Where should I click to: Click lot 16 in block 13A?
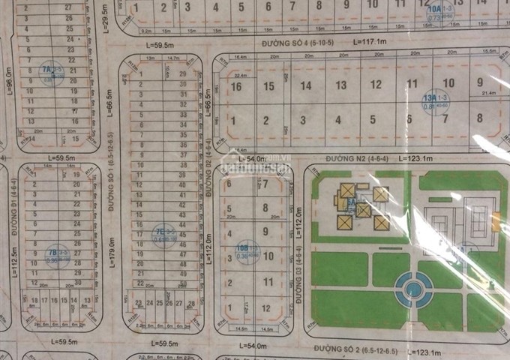[x=236, y=86]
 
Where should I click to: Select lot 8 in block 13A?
[x=480, y=118]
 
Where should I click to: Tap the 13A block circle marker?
[x=430, y=100]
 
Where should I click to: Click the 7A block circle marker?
[x=51, y=73]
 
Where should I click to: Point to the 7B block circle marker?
[x=53, y=253]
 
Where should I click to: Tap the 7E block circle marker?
[x=161, y=232]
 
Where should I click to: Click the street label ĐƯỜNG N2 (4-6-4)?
[x=355, y=159]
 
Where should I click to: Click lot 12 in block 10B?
[x=266, y=307]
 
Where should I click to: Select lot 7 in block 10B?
[x=266, y=183]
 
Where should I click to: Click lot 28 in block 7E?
[x=192, y=304]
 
